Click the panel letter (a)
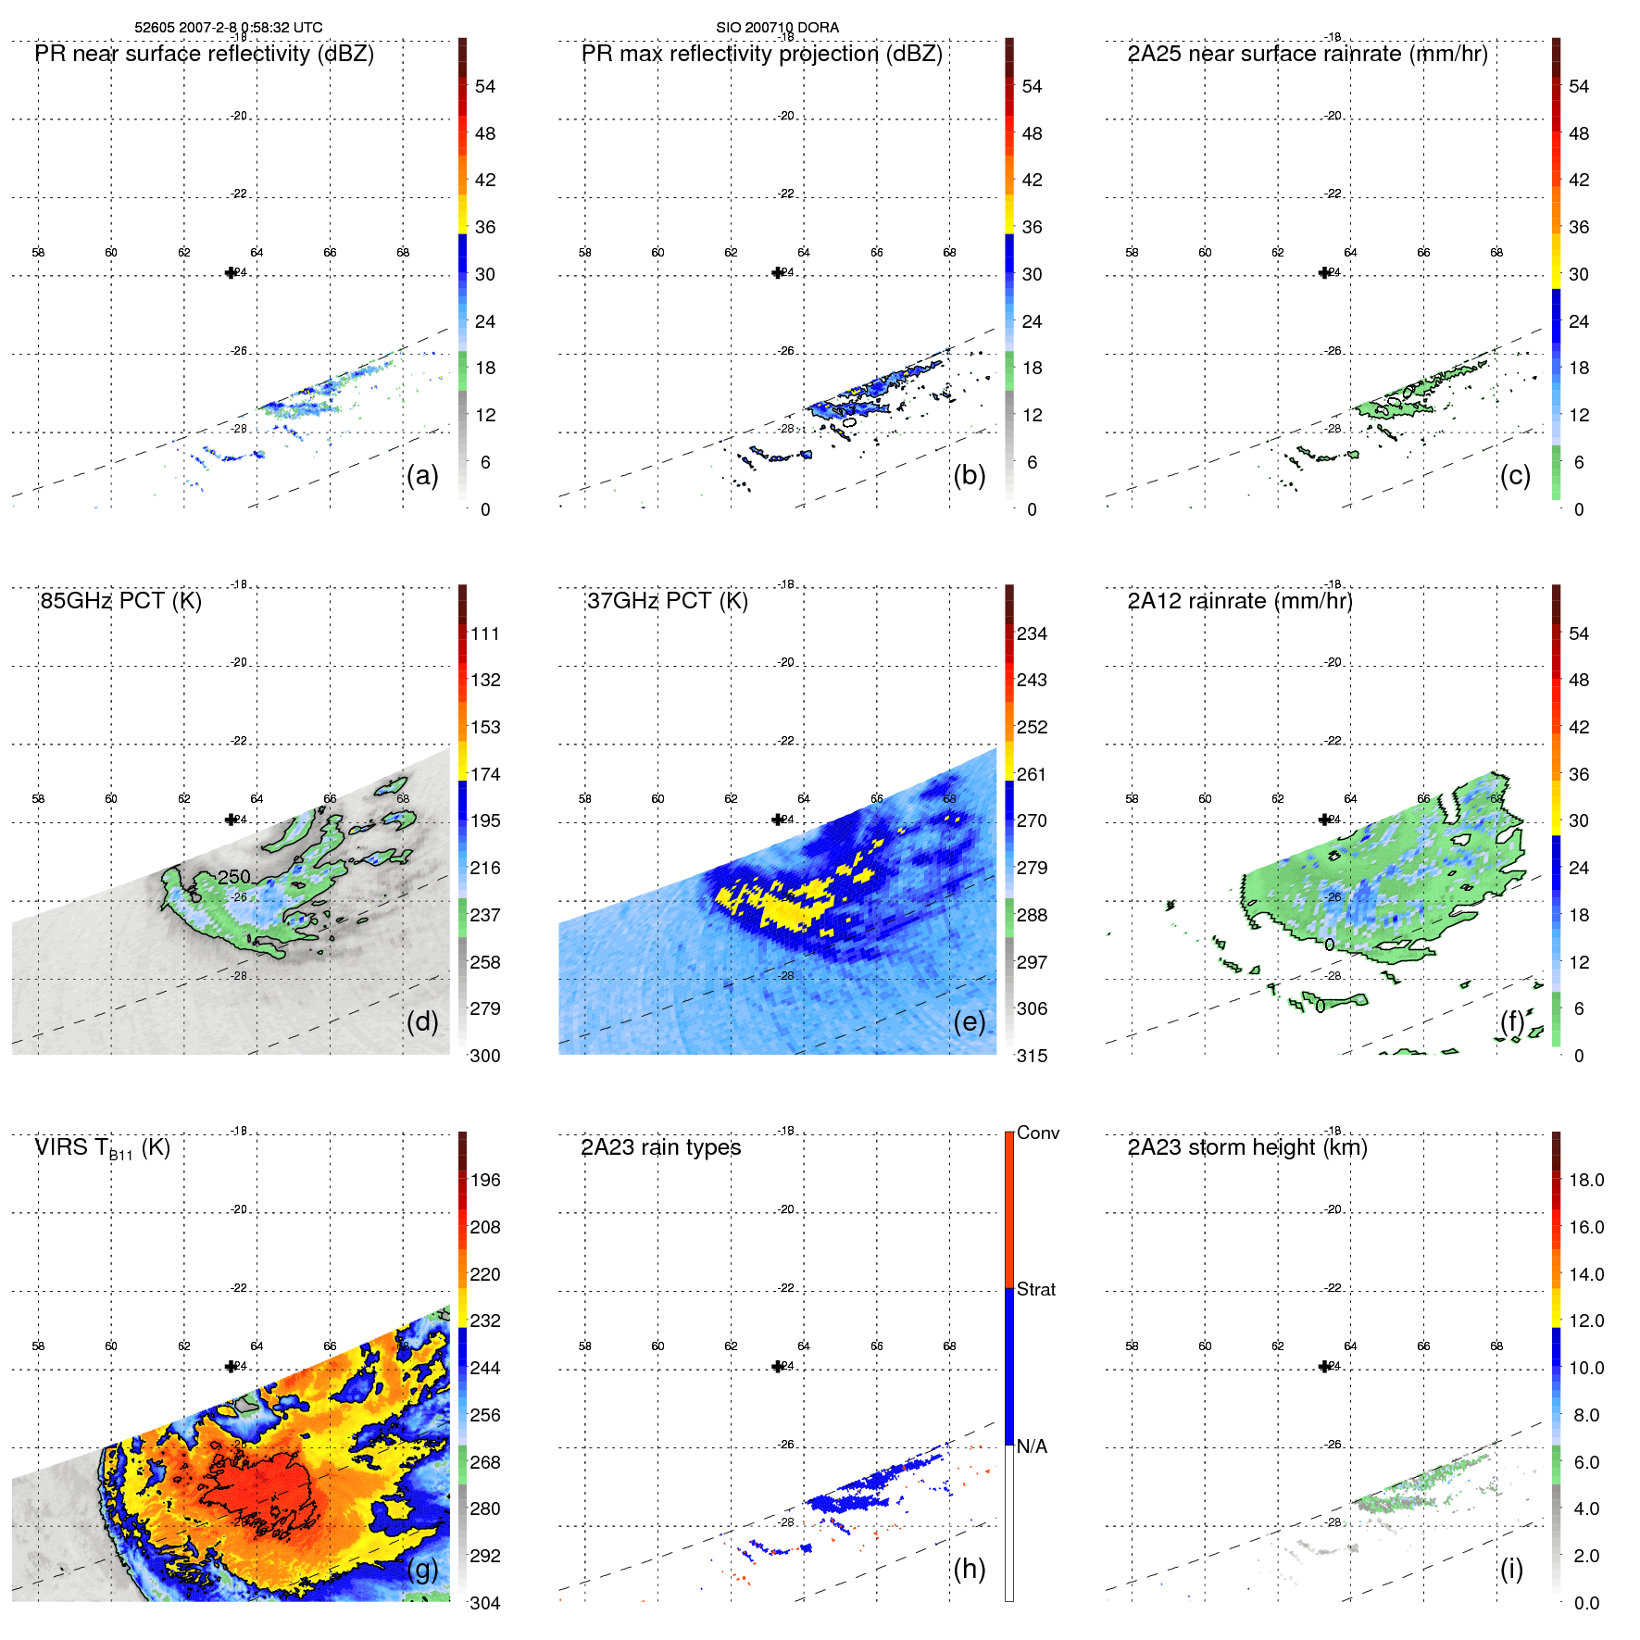click(x=422, y=475)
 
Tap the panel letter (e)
click(x=969, y=1021)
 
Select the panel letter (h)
click(x=969, y=1569)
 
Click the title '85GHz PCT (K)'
click(x=120, y=600)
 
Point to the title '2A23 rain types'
click(x=660, y=1147)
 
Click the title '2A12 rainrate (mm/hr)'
click(x=1239, y=600)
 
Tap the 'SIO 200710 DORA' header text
click(x=777, y=28)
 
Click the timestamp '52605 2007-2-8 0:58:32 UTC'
click(x=229, y=28)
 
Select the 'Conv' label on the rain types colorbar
click(x=1037, y=1133)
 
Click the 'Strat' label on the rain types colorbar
click(x=1035, y=1289)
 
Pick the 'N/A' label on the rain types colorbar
click(x=1032, y=1446)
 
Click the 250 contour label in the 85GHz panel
click(x=234, y=876)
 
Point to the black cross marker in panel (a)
click(x=231, y=272)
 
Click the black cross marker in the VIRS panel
click(x=231, y=1366)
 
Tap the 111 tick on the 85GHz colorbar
click(x=484, y=633)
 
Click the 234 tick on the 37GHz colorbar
click(x=1032, y=633)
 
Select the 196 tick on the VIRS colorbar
click(x=484, y=1180)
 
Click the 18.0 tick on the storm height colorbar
click(x=1585, y=1180)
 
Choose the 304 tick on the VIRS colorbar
click(x=484, y=1603)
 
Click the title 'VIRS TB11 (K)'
click(x=102, y=1148)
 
